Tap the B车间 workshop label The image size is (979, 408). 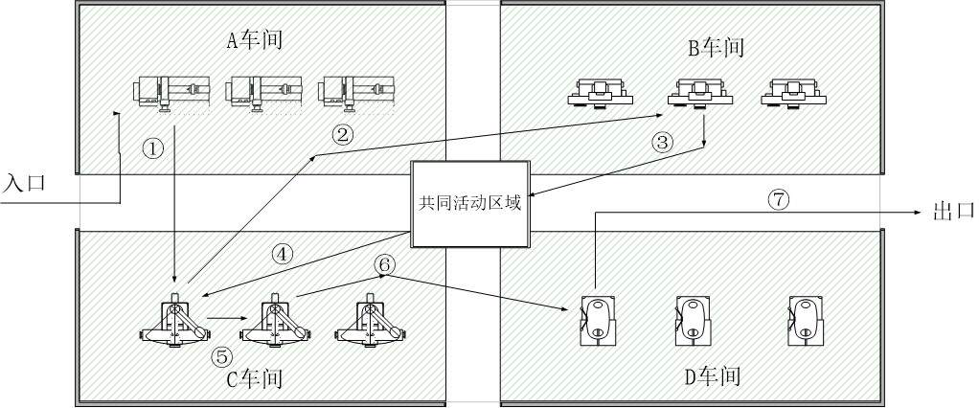pyautogui.click(x=716, y=47)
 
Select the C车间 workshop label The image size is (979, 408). pyautogui.click(x=254, y=378)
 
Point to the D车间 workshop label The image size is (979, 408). pyautogui.click(x=713, y=375)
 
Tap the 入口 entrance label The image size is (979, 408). pyautogui.click(x=23, y=182)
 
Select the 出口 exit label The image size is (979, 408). pyautogui.click(x=952, y=212)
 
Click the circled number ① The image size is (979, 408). pyautogui.click(x=152, y=148)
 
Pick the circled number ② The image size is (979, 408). pyautogui.click(x=342, y=134)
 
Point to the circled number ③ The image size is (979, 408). pyautogui.click(x=663, y=143)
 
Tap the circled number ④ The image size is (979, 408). pyautogui.click(x=282, y=254)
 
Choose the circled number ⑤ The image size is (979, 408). pyautogui.click(x=221, y=356)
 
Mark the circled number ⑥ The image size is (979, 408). pyautogui.click(x=383, y=262)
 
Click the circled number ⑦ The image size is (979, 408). pyautogui.click(x=779, y=199)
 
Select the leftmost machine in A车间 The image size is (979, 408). pyautogui.click(x=170, y=93)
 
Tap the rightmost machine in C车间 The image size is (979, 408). pyautogui.click(x=369, y=320)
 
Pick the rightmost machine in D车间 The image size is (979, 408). pyautogui.click(x=804, y=319)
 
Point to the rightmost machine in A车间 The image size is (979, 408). pyautogui.click(x=357, y=93)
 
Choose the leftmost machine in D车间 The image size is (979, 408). pyautogui.click(x=597, y=319)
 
